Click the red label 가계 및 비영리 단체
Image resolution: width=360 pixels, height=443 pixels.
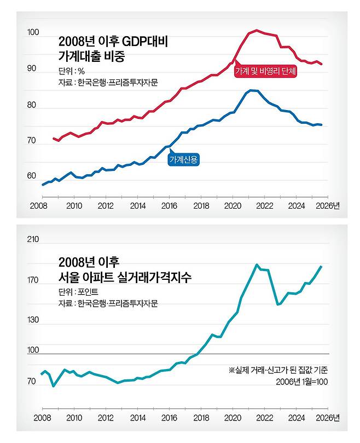click(x=265, y=72)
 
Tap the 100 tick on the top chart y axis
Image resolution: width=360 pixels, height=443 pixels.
click(x=33, y=33)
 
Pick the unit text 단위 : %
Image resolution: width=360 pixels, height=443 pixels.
click(x=72, y=71)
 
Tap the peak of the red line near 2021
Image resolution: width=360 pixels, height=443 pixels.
click(x=257, y=31)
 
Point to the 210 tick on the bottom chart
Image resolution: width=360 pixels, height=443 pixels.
click(x=33, y=239)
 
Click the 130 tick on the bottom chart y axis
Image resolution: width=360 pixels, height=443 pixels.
click(x=33, y=319)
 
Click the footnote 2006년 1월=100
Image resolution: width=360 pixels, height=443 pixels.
click(x=301, y=382)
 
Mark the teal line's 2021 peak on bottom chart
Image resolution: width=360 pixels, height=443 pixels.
click(x=257, y=264)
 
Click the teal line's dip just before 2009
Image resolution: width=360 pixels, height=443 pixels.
click(x=53, y=386)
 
